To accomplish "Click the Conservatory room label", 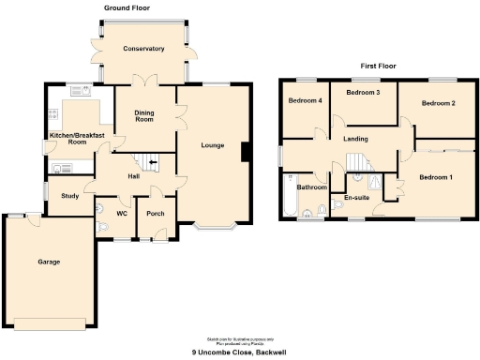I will (144, 49).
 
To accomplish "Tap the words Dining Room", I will (143, 116).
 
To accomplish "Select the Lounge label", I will (213, 145).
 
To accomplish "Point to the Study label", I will (69, 197).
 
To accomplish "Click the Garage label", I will (49, 262).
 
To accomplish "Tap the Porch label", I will (156, 213).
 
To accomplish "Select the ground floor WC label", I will (122, 213).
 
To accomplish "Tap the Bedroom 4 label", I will (305, 100).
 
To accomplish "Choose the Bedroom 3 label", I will (363, 94).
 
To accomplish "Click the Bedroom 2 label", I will (437, 103).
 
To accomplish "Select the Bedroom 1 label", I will (435, 177).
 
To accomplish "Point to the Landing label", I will (356, 140).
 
